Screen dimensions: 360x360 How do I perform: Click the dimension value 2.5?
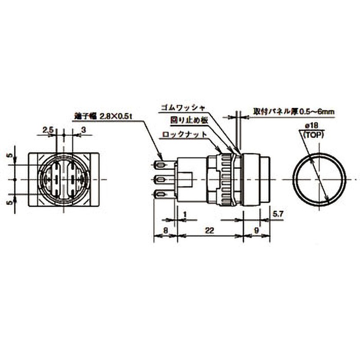pyautogui.click(x=48, y=130)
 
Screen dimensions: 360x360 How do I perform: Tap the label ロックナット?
pyautogui.click(x=186, y=134)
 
